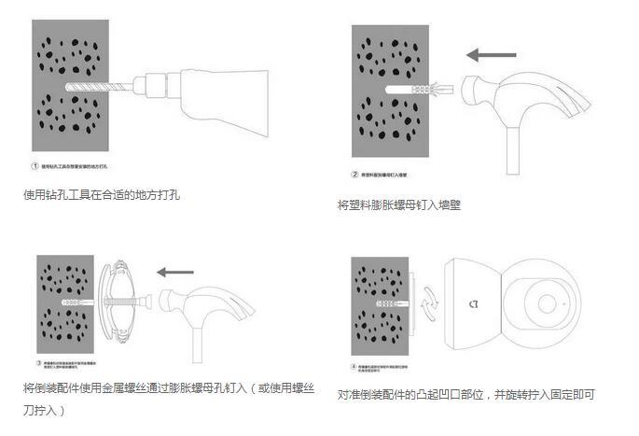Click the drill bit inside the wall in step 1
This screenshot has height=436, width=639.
tap(93, 86)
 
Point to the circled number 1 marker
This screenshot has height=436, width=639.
tap(35, 166)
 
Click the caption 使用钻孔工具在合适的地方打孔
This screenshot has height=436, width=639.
tap(101, 196)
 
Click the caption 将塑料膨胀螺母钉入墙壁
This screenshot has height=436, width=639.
tap(398, 204)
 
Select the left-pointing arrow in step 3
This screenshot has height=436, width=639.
tap(174, 273)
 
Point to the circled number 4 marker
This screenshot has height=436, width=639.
tap(354, 368)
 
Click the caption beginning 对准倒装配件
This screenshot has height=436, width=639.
tap(465, 395)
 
